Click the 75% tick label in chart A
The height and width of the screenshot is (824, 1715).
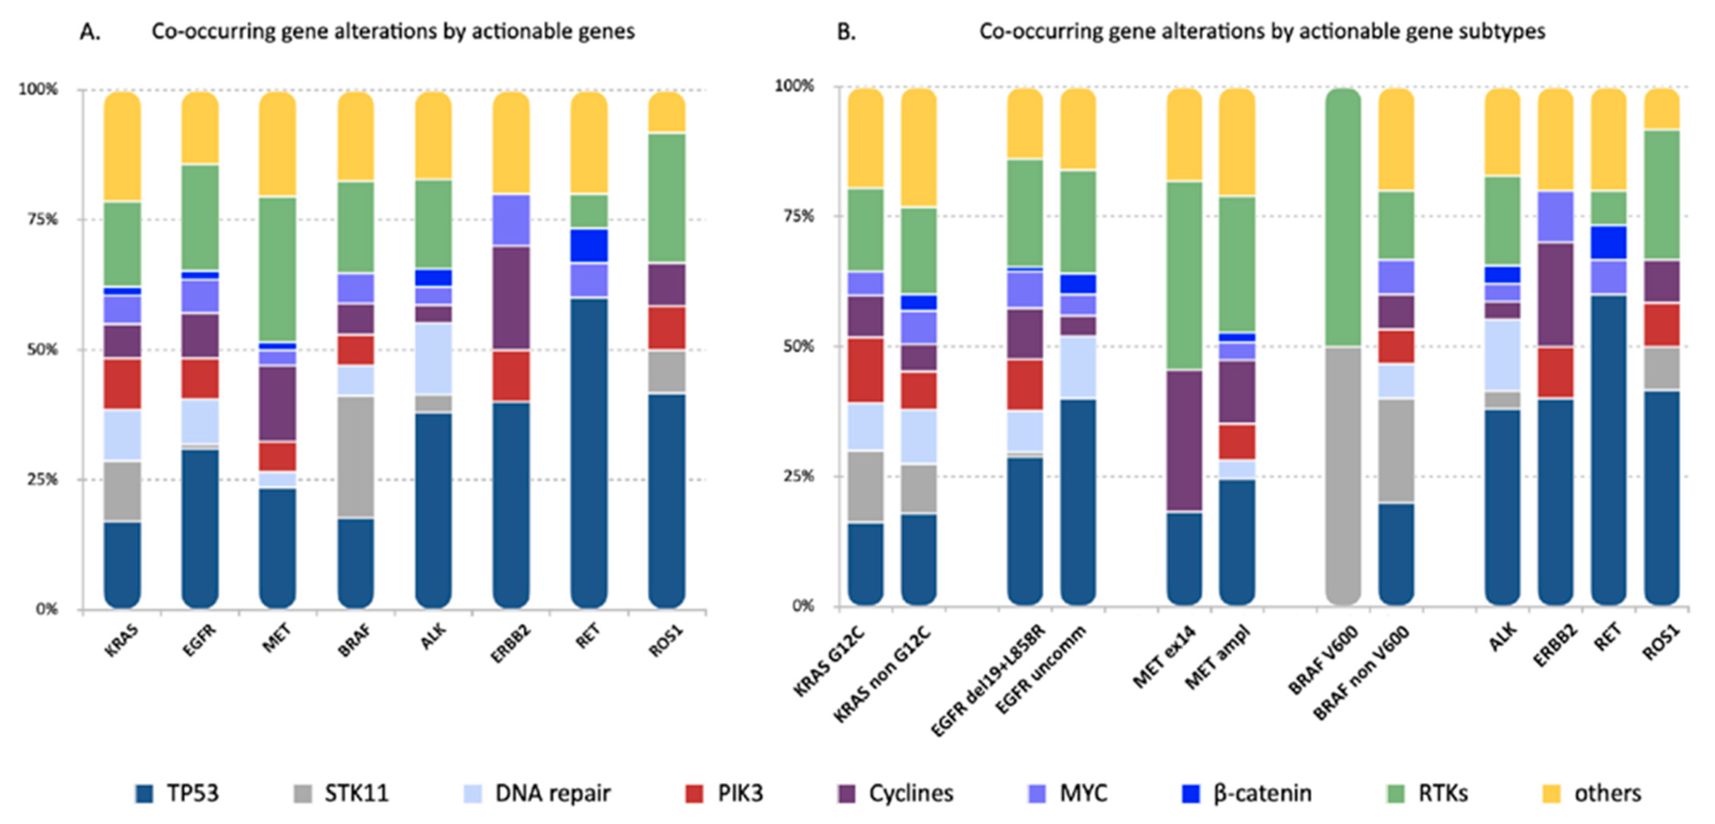[42, 219]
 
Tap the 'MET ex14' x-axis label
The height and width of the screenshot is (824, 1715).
[1165, 657]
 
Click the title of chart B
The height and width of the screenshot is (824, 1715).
[1262, 31]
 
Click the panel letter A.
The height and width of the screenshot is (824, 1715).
[90, 31]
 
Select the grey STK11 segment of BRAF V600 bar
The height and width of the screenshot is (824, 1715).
[1343, 473]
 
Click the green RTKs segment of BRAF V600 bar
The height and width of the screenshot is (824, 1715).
[1343, 216]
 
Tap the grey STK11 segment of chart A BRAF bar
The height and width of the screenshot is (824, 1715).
[355, 456]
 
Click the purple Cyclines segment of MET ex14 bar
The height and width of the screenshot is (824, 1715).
[1184, 440]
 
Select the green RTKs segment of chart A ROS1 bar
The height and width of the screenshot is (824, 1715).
[667, 198]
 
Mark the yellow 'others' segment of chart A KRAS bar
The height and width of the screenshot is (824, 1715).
[123, 146]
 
